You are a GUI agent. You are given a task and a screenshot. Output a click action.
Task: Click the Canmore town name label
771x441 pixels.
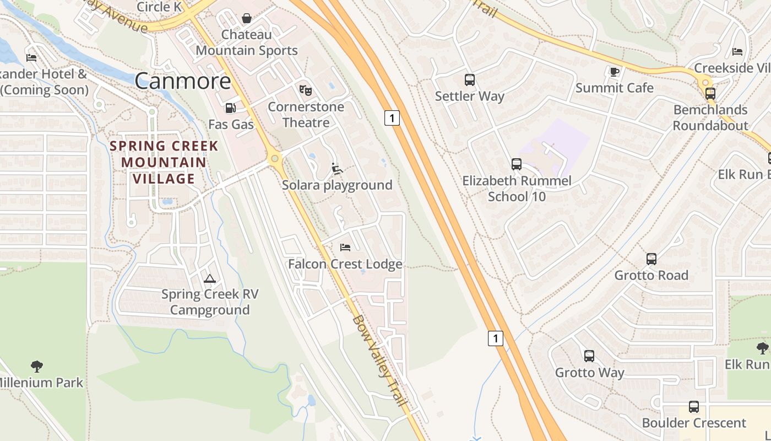[183, 81]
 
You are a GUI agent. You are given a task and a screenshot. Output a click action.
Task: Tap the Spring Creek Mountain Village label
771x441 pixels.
[164, 162]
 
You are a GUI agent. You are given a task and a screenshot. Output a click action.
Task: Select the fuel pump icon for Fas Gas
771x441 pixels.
[230, 108]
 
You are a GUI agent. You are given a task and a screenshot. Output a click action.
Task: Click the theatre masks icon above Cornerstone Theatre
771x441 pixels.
[305, 90]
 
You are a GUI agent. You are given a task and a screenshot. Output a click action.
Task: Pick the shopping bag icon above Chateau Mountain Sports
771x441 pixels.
[247, 18]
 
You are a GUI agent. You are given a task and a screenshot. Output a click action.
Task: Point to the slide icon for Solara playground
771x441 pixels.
[337, 169]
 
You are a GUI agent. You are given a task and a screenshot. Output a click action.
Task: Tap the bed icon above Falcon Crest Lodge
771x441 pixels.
[345, 248]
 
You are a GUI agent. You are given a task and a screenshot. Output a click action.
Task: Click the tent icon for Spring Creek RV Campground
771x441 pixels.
[209, 278]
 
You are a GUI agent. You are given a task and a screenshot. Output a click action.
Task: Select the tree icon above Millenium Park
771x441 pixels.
[37, 366]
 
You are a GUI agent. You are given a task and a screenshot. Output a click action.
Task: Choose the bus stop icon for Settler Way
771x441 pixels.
[470, 80]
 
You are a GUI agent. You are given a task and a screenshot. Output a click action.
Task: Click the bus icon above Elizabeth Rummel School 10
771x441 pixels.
[516, 164]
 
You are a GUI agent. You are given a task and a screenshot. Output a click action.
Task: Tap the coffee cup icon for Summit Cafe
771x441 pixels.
[615, 72]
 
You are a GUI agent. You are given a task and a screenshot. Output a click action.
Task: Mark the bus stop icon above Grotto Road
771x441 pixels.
[651, 259]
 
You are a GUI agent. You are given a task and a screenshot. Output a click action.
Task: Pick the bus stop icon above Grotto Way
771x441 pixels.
[589, 356]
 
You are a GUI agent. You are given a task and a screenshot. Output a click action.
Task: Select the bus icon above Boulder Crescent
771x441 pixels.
[694, 407]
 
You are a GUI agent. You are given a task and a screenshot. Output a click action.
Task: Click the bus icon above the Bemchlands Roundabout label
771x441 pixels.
[710, 94]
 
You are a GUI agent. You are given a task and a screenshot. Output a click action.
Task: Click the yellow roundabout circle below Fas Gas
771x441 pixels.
[274, 159]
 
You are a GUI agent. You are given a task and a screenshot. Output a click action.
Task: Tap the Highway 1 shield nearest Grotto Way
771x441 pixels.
[496, 338]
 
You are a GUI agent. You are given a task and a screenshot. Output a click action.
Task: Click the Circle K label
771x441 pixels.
[159, 7]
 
